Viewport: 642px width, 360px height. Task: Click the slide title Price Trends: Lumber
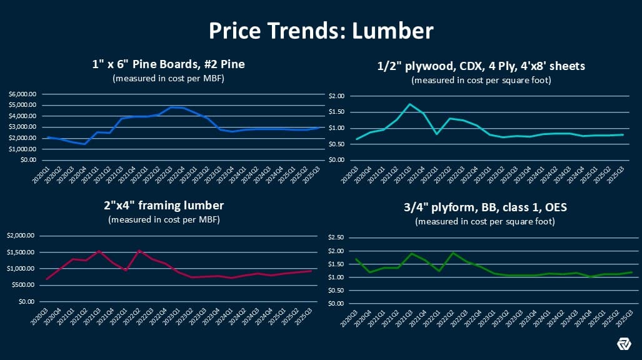click(321, 30)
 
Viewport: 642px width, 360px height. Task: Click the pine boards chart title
click(166, 65)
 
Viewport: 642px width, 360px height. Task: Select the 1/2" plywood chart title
click(481, 65)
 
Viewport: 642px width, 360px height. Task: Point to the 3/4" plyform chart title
click(481, 206)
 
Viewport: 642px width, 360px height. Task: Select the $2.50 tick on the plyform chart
click(338, 237)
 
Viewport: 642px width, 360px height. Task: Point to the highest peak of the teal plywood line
click(409, 104)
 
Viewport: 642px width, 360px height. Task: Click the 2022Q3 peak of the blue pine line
click(171, 107)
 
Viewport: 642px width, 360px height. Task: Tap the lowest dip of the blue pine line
click(84, 144)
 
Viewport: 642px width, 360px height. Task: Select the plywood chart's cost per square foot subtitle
click(481, 80)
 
